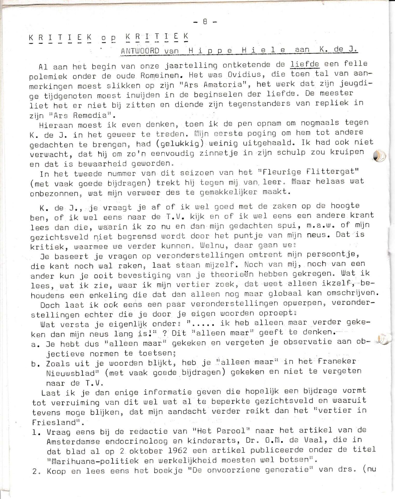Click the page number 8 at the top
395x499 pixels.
(x=205, y=22)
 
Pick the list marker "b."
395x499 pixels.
(x=36, y=364)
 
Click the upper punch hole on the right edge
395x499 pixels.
(x=379, y=156)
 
